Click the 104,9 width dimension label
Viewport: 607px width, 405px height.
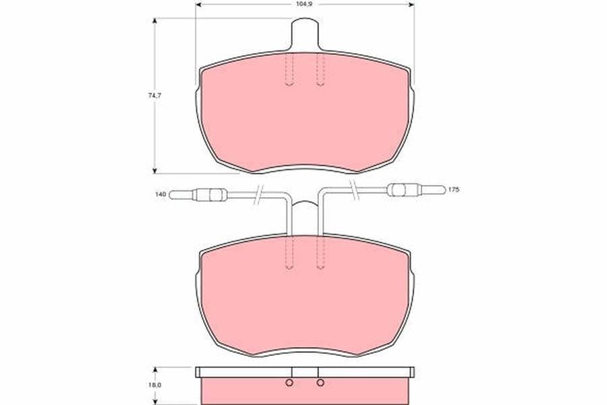[x=305, y=5]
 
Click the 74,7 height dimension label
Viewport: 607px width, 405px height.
[x=154, y=95]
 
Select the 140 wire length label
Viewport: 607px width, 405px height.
[x=161, y=194]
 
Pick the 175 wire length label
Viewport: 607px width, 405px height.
[x=453, y=190]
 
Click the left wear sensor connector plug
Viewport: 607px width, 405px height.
[x=198, y=194]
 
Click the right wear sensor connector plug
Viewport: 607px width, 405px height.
[x=416, y=190]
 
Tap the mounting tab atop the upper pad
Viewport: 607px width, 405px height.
[x=305, y=34]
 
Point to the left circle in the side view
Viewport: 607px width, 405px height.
[x=289, y=383]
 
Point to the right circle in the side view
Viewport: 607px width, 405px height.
[x=320, y=383]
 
